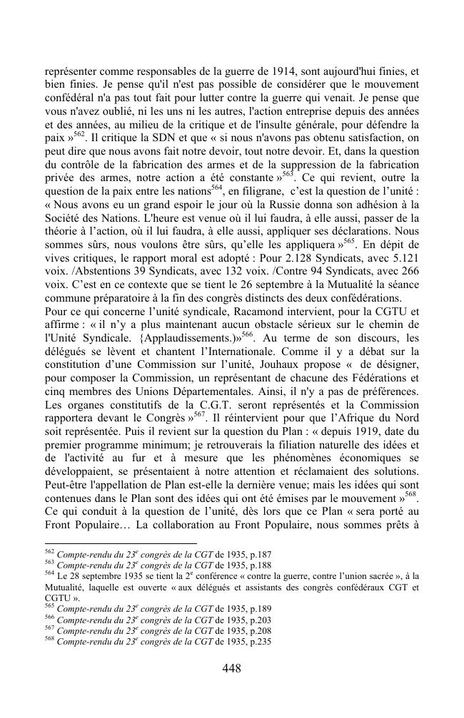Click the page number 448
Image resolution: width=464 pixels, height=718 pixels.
coord(231,668)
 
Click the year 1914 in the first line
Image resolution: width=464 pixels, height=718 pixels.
coord(276,71)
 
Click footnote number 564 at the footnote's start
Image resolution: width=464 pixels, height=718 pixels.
coord(49,573)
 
